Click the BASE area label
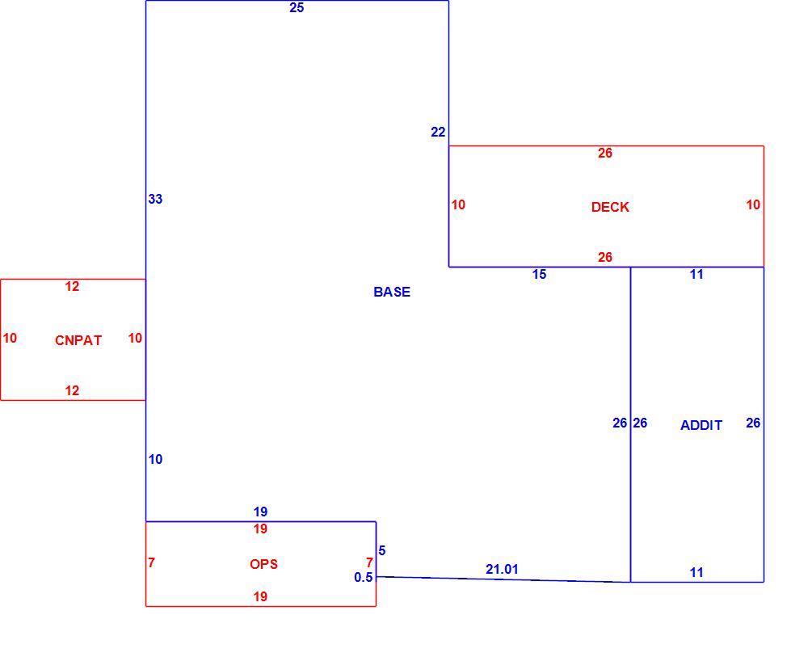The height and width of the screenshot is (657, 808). coord(392,292)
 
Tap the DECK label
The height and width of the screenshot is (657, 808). coord(610,207)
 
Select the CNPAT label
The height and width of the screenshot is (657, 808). coord(78,340)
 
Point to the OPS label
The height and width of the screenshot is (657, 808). coord(263,564)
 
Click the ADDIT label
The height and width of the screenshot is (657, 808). coord(701,425)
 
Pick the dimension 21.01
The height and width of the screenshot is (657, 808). coord(502,570)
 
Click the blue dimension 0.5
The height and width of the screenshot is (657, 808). coord(364,578)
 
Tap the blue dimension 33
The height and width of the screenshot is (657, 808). coord(155,199)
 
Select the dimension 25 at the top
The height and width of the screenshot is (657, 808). coord(297,8)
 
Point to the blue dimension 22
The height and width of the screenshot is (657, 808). coord(438,133)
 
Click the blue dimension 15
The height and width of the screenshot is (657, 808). coord(539,275)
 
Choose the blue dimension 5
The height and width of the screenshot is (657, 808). coord(382,551)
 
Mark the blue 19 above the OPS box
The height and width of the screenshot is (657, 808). coord(260,512)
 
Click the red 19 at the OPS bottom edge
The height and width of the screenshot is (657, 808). coord(260,596)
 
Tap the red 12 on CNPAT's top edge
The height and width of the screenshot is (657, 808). coord(72,287)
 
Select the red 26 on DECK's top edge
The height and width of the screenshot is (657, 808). coord(605,153)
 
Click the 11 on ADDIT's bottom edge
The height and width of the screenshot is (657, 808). coord(696,572)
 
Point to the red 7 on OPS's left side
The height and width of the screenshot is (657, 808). coord(152,562)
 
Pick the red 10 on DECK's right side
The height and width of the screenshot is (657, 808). coord(753,205)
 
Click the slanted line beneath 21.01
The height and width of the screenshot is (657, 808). coord(503,579)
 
